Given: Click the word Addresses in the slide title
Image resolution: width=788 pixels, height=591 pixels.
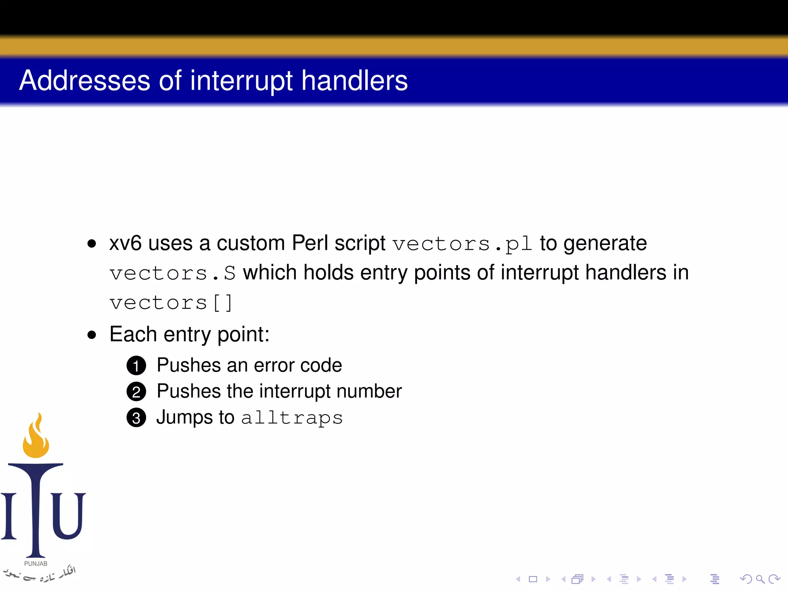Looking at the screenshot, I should click(x=85, y=81).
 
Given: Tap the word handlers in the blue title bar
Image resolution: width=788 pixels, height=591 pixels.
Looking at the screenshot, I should click(x=354, y=81).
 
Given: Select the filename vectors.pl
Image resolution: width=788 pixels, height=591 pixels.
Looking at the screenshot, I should click(x=462, y=244).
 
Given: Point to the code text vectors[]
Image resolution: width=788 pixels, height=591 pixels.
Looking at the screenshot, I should click(x=171, y=303).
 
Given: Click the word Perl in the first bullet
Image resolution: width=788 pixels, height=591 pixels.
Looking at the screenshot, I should click(x=310, y=243).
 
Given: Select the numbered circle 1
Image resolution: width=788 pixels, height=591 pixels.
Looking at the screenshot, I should click(x=136, y=366).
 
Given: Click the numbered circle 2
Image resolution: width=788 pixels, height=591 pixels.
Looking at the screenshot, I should click(x=136, y=392).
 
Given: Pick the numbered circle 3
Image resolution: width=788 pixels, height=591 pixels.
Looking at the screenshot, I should click(x=136, y=418).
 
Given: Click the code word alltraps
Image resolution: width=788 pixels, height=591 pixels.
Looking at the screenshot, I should click(x=292, y=418).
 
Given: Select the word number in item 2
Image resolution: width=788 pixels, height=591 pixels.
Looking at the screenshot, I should click(x=369, y=391).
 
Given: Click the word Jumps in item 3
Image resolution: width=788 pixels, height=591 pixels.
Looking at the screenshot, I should click(x=184, y=417).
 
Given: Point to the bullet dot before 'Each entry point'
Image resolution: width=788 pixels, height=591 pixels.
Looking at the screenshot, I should click(x=92, y=335).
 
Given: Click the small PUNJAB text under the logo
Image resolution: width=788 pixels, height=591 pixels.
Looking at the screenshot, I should click(x=36, y=564).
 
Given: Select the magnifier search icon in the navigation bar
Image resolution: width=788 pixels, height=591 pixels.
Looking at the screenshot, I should click(x=760, y=579).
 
